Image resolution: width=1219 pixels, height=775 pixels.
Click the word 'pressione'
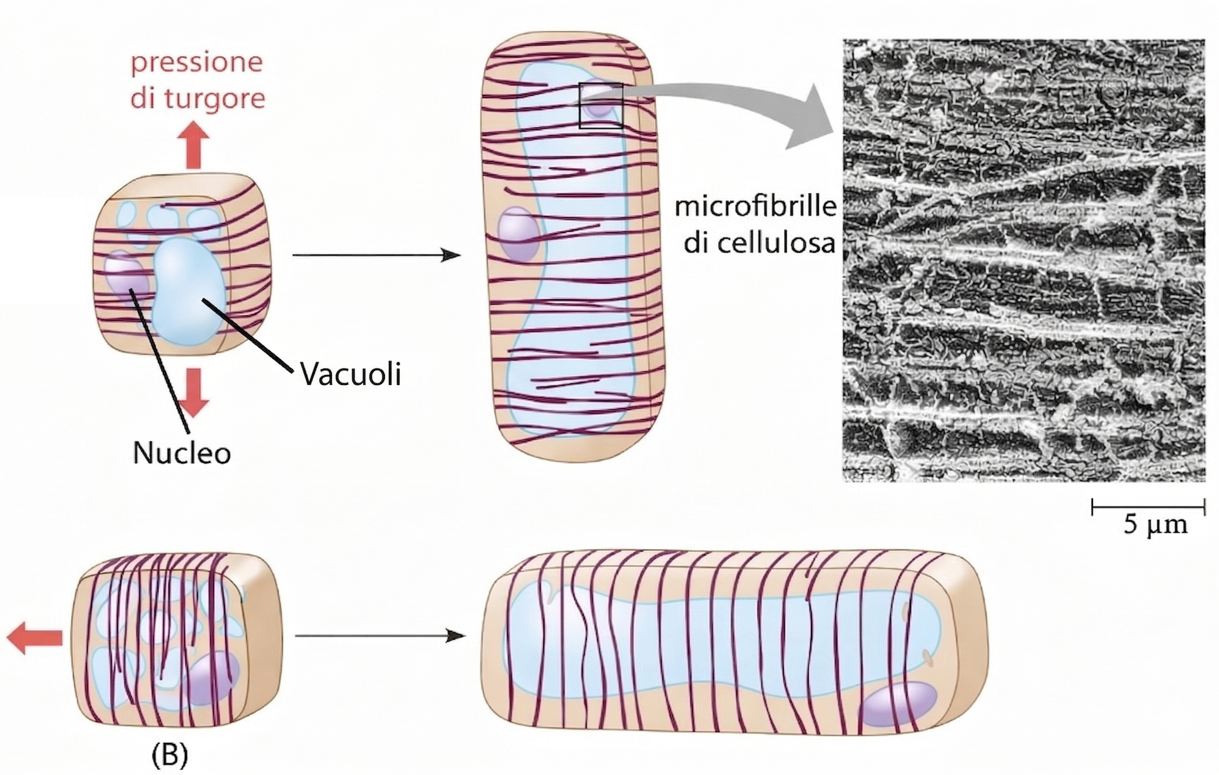coord(197,63)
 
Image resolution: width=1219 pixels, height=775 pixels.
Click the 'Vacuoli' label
coord(350,375)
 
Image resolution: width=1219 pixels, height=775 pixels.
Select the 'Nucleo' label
coord(182,453)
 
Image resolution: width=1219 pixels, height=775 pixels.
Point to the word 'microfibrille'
coord(755,207)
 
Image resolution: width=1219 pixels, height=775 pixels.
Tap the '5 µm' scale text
coord(1155,525)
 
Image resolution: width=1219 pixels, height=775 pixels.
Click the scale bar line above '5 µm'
coord(1148,506)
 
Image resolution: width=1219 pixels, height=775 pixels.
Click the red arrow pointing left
coord(34,638)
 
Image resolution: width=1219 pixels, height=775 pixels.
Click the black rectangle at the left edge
coord(42,250)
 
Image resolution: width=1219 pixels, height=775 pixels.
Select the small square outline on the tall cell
coord(601,105)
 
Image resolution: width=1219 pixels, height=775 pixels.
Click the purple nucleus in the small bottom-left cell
coord(212,678)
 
